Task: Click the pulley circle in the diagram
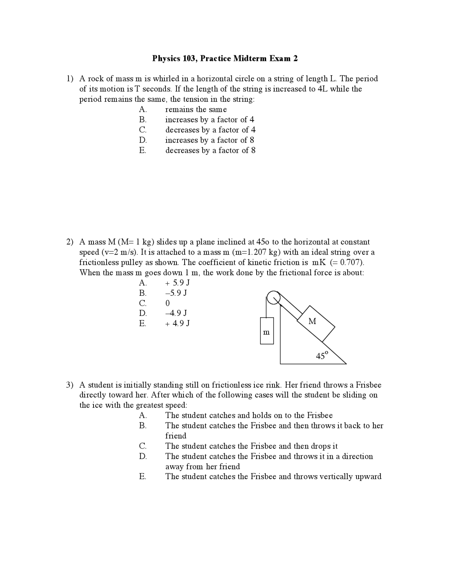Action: (x=273, y=298)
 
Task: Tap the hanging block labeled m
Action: (x=266, y=331)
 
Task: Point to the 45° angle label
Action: (x=322, y=355)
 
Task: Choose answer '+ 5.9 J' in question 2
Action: (x=178, y=283)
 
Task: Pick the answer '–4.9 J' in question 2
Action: (x=176, y=313)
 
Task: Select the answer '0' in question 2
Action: (x=167, y=303)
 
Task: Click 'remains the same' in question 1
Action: (x=196, y=109)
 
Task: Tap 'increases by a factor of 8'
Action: (x=210, y=140)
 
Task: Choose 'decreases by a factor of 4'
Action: (x=210, y=130)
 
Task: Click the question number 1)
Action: (x=70, y=79)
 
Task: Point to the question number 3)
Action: (x=70, y=385)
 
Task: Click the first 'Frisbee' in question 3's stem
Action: (x=368, y=385)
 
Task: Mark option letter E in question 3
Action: (x=142, y=477)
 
